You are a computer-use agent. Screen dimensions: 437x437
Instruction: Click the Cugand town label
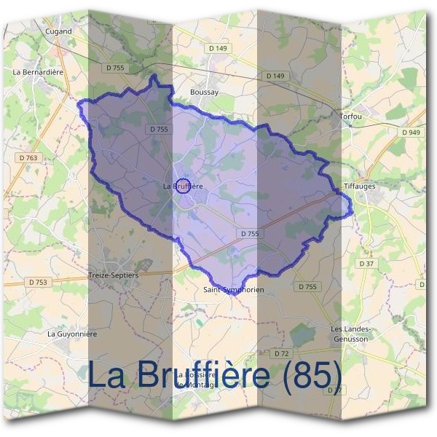tap(58, 31)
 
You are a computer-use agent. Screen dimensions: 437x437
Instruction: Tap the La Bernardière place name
tap(39, 73)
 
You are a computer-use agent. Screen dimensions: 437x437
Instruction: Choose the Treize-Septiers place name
tap(113, 276)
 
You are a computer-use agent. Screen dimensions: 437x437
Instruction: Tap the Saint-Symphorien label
tap(234, 290)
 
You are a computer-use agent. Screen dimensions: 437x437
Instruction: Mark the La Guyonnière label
tap(72, 333)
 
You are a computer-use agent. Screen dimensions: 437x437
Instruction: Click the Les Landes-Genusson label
tap(351, 334)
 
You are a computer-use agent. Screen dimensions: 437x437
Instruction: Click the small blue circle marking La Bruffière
tap(184, 186)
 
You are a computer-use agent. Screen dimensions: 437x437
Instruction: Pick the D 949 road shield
tap(411, 133)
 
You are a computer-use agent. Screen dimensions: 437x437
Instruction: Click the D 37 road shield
tap(366, 263)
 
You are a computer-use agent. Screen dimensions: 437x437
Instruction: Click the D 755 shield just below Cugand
tap(115, 68)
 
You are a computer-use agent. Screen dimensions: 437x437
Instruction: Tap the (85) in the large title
tap(312, 375)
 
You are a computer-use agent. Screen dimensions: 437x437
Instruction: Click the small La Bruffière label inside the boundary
tap(182, 186)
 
